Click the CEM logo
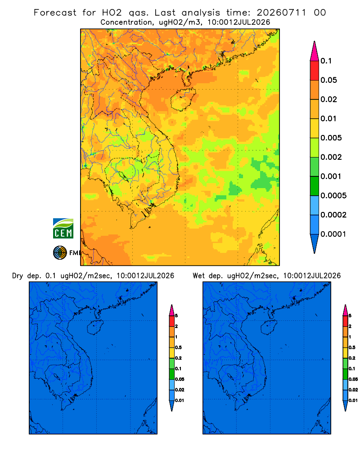click(x=63, y=229)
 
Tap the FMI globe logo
click(x=60, y=252)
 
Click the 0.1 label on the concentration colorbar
click(x=326, y=61)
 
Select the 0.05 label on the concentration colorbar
click(x=328, y=80)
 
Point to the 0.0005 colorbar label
click(x=333, y=195)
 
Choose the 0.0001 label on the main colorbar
click(x=333, y=234)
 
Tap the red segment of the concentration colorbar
click(x=315, y=71)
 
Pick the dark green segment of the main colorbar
click(x=315, y=186)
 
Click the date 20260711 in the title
click(x=281, y=13)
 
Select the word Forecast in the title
click(x=55, y=13)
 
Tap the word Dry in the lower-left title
click(x=18, y=276)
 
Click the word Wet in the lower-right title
click(x=198, y=276)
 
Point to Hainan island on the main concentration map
click(x=183, y=99)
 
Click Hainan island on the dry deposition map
click(x=95, y=327)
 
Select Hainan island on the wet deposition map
click(x=269, y=327)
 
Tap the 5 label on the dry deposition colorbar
click(x=176, y=316)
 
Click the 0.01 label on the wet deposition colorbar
click(x=353, y=400)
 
